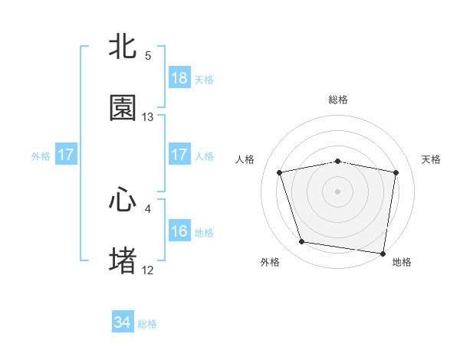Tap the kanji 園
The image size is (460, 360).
pyautogui.click(x=123, y=108)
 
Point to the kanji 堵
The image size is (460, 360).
pyautogui.click(x=123, y=260)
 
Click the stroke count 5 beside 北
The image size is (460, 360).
pyautogui.click(x=148, y=56)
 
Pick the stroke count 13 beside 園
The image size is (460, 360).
pyautogui.click(x=148, y=117)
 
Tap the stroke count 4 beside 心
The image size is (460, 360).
pyautogui.click(x=148, y=208)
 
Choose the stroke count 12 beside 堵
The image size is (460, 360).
pyautogui.click(x=148, y=270)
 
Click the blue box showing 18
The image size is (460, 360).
pyautogui.click(x=179, y=78)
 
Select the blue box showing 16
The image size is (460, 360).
pyautogui.click(x=179, y=231)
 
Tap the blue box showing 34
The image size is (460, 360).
pyautogui.click(x=123, y=323)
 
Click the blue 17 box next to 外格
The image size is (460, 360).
pyautogui.click(x=66, y=155)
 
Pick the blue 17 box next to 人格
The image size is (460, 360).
pyautogui.click(x=179, y=155)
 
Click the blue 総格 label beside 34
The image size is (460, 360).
pyautogui.click(x=147, y=324)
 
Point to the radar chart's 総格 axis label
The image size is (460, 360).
pyautogui.click(x=338, y=100)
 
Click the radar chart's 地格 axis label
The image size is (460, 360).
pyautogui.click(x=402, y=262)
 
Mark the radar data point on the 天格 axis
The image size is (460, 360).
pyautogui.click(x=396, y=172)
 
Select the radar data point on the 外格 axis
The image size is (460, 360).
pyautogui.click(x=301, y=242)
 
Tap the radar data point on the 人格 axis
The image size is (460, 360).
pyautogui.click(x=280, y=172)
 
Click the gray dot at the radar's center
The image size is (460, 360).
pyautogui.click(x=338, y=191)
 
